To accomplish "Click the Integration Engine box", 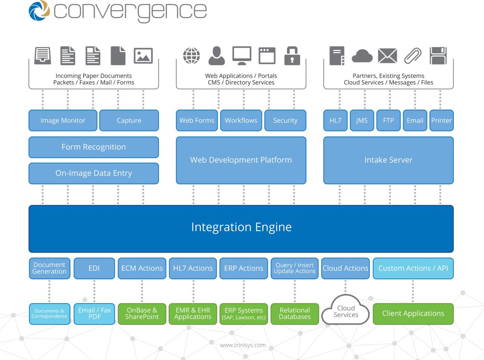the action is (241, 229).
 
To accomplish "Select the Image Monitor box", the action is (63, 120).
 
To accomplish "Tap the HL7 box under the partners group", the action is (336, 120).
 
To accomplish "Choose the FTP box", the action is (389, 120).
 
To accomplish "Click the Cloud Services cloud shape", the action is (346, 310).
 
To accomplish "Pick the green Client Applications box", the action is (413, 314).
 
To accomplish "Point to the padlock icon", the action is (292, 56).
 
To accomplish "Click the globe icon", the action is (191, 56).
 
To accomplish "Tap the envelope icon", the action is (388, 56).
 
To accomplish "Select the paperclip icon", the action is (413, 56).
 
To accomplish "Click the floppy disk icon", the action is (438, 56).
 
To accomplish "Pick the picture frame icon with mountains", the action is (143, 56).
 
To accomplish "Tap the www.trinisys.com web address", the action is (242, 345).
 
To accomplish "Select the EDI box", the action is (94, 268).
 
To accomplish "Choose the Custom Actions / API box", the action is (413, 268).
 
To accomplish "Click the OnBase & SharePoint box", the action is (142, 314).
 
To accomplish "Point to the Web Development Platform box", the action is (241, 160).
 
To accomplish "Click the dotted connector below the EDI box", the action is (94, 291).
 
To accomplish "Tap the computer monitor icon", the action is (242, 56).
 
